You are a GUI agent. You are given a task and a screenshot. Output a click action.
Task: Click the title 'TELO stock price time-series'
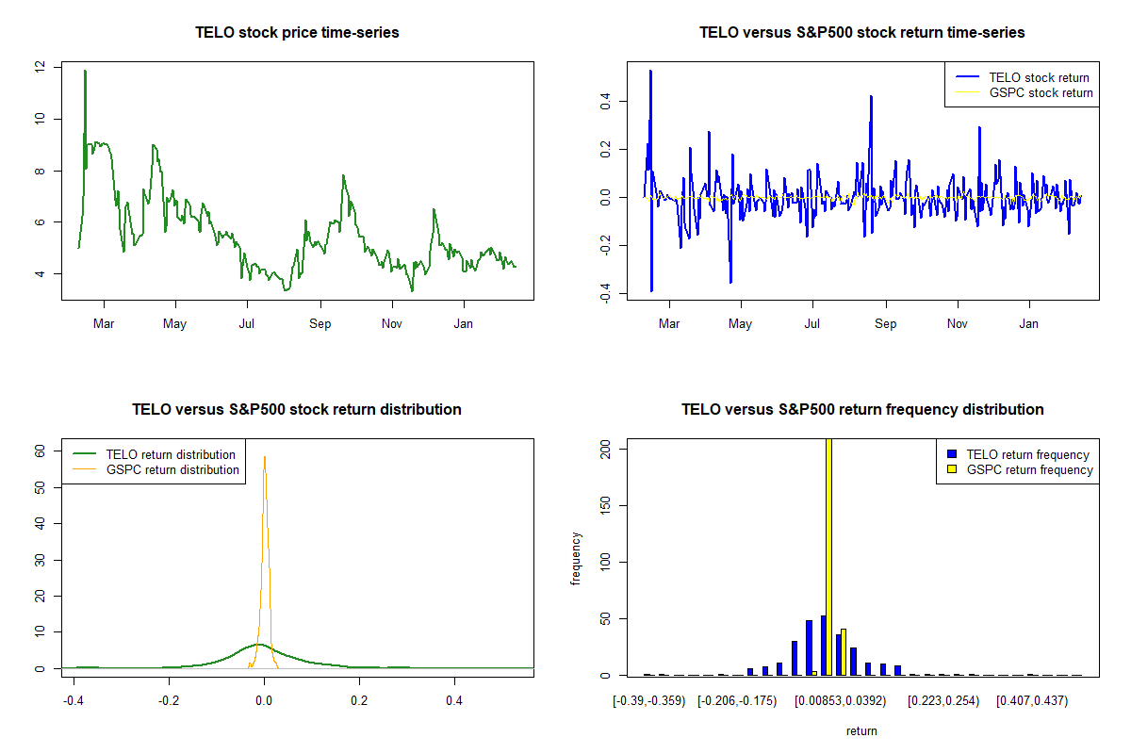tap(297, 33)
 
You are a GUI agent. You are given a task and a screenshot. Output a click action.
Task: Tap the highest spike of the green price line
tap(85, 72)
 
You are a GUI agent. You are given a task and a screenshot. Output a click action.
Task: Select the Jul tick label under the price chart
tap(247, 324)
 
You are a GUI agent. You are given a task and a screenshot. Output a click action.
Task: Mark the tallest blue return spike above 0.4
tap(650, 72)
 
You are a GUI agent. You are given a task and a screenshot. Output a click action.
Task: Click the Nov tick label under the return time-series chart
tap(958, 324)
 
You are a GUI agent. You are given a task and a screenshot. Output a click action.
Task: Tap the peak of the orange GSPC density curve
tap(265, 458)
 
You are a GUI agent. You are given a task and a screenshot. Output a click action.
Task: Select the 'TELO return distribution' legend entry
tap(171, 454)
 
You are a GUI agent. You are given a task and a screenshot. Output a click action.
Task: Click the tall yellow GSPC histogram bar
tap(828, 556)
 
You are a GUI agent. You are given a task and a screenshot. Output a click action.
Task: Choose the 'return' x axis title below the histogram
tap(861, 730)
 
